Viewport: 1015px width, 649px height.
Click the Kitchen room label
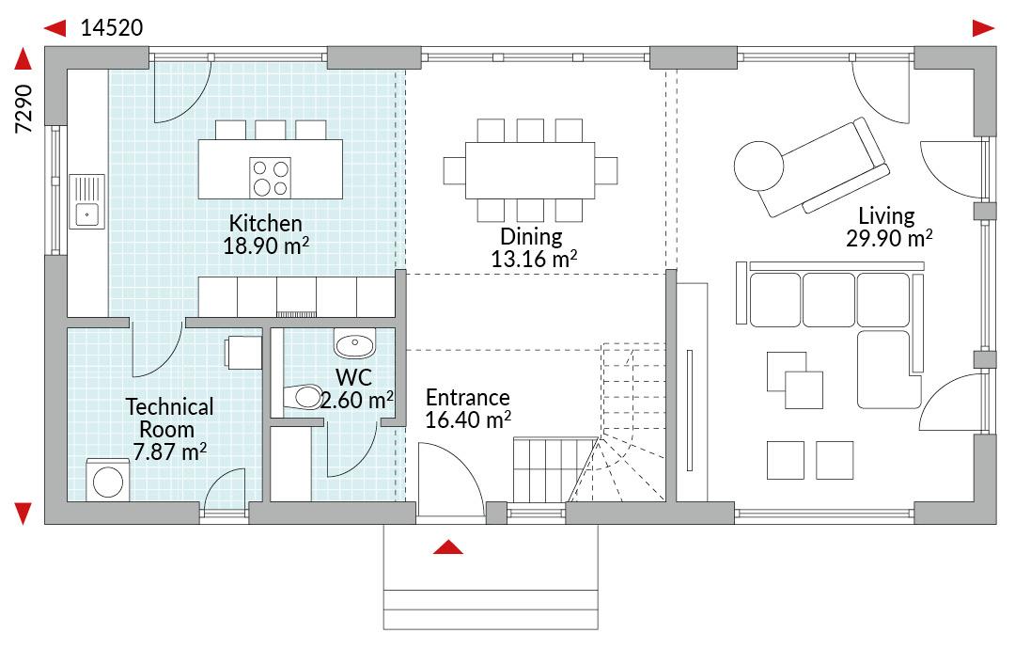tap(265, 224)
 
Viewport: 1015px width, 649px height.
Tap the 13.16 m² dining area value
tap(534, 259)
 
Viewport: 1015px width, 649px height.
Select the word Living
tap(886, 215)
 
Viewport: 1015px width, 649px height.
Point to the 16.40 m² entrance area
tap(468, 419)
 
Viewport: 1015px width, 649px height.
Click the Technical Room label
tap(169, 418)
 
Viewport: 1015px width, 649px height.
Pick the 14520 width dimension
tap(111, 28)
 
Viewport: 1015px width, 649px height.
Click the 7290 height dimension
tap(23, 109)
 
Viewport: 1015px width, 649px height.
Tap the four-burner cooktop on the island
tap(270, 178)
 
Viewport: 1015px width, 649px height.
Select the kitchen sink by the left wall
tap(86, 200)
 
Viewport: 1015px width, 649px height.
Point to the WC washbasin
tap(354, 342)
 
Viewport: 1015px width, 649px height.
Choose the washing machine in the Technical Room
tap(108, 480)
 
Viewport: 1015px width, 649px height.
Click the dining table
tap(529, 170)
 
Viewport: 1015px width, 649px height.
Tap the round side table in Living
tap(758, 166)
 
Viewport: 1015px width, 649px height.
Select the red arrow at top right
tap(983, 28)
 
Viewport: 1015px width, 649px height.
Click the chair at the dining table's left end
tap(455, 170)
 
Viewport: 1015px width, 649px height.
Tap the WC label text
tap(353, 377)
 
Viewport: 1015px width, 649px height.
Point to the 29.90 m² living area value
tap(889, 238)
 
